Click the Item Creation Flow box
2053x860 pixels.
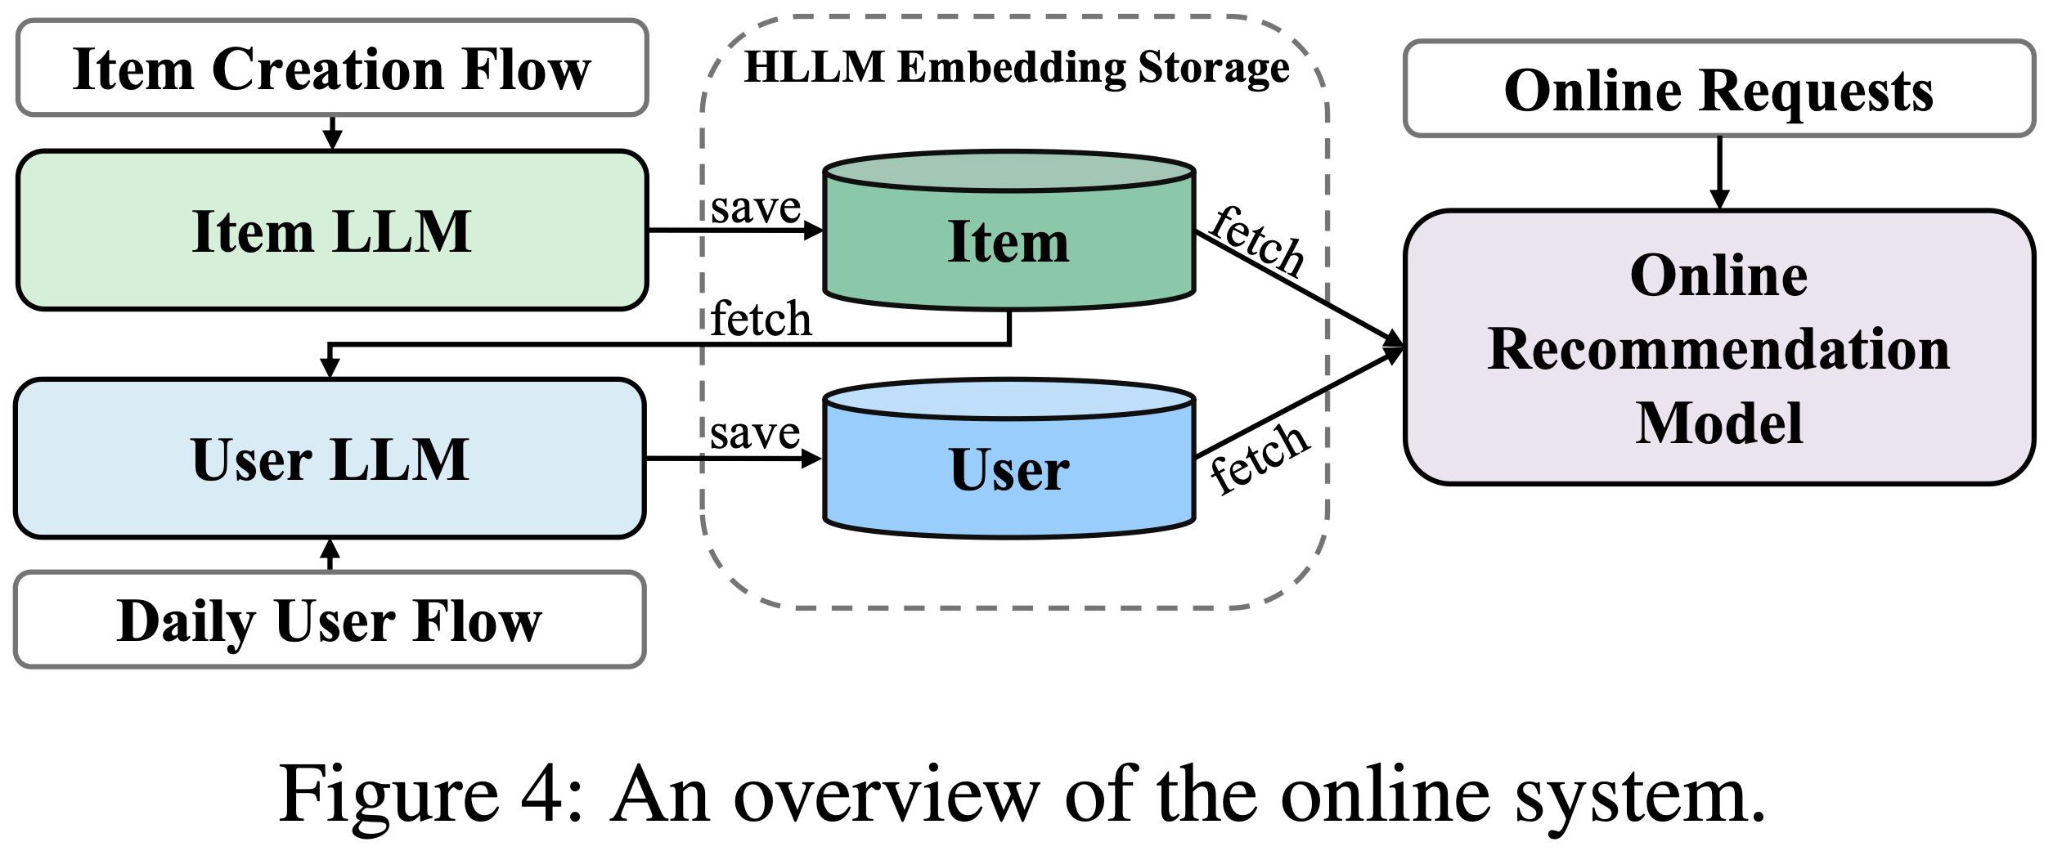[332, 69]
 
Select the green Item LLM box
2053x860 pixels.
[332, 231]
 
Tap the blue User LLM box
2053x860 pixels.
[330, 458]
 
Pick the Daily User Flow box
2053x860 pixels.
[330, 620]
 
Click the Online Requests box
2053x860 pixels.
[1718, 89]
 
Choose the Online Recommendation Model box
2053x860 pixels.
[1718, 348]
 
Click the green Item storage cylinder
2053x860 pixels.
[1009, 241]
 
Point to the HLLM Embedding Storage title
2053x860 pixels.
[1017, 67]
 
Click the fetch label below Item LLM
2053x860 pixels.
[761, 319]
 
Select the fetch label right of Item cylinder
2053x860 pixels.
[1257, 241]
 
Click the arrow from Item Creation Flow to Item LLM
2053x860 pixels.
[332, 133]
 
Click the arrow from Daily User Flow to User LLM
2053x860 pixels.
[330, 554]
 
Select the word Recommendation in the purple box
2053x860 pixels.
[1718, 349]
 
